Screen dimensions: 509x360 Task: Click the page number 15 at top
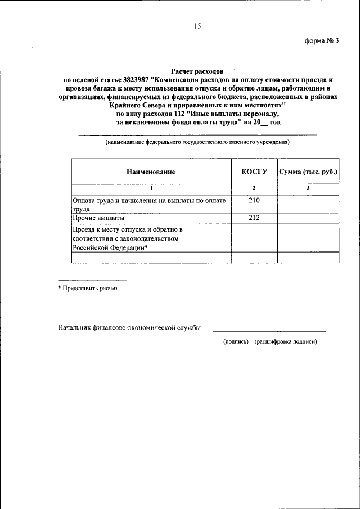pyautogui.click(x=197, y=26)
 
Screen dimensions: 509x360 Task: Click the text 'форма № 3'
pyautogui.click(x=322, y=47)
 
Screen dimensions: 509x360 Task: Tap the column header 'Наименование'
pyautogui.click(x=151, y=172)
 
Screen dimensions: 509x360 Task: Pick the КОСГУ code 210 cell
pyautogui.click(x=254, y=200)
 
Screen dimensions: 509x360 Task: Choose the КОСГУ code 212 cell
pyautogui.click(x=254, y=217)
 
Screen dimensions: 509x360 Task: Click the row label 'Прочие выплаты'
pyautogui.click(x=99, y=217)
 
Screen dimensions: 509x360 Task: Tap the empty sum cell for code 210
pyautogui.click(x=308, y=204)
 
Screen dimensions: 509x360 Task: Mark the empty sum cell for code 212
pyautogui.click(x=308, y=218)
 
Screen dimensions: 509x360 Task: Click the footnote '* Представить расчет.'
pyautogui.click(x=89, y=288)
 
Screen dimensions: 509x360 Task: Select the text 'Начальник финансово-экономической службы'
pyautogui.click(x=129, y=328)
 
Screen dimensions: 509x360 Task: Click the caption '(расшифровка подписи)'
pyautogui.click(x=286, y=341)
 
